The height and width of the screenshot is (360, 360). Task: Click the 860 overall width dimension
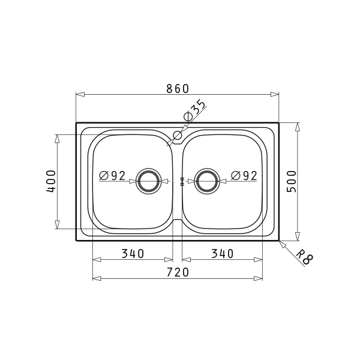pyautogui.click(x=178, y=89)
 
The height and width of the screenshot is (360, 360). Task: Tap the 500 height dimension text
pyautogui.click(x=292, y=181)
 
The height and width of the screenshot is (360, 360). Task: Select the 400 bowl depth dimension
pyautogui.click(x=51, y=181)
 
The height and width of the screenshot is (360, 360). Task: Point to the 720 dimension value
pyautogui.click(x=178, y=272)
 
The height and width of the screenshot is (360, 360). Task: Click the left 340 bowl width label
pyautogui.click(x=133, y=254)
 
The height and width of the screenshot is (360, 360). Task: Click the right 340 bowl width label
pyautogui.click(x=222, y=254)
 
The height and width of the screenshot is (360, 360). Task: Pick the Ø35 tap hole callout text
pyautogui.click(x=194, y=110)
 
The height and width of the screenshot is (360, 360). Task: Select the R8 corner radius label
pyautogui.click(x=305, y=257)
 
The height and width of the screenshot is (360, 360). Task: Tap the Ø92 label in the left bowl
pyautogui.click(x=112, y=176)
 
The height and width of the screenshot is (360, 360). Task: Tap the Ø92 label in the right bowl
pyautogui.click(x=244, y=176)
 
